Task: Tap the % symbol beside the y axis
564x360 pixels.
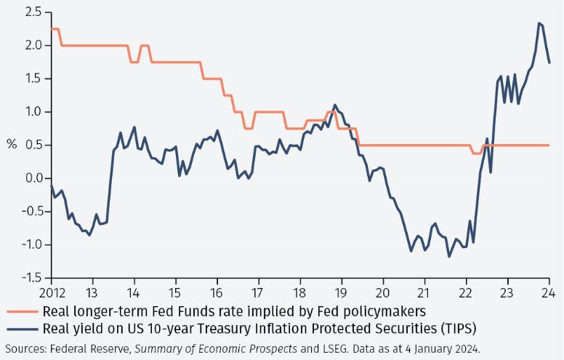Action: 12,144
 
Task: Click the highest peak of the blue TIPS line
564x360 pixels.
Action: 539,23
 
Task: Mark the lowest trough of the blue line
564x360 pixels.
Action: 449,257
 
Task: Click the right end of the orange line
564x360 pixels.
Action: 549,145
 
